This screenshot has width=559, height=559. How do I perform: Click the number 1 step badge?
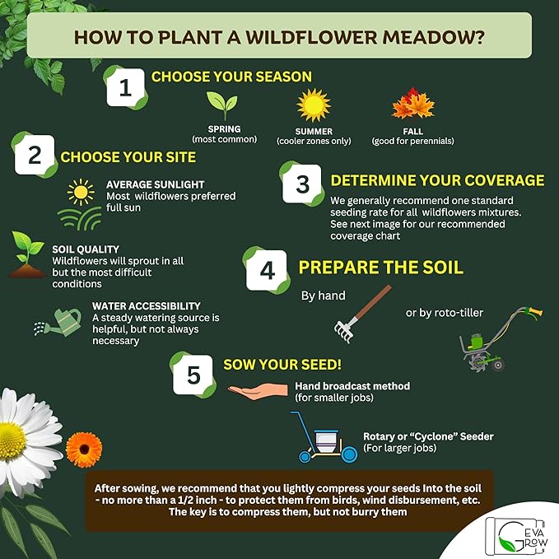[x=125, y=87]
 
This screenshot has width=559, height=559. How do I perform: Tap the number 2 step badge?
[x=34, y=155]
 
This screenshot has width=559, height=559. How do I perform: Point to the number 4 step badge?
[x=265, y=268]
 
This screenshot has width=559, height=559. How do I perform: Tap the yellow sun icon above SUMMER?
[x=313, y=105]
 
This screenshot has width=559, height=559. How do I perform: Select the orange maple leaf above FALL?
[x=412, y=106]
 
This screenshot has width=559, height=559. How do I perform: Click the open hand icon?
[x=259, y=390]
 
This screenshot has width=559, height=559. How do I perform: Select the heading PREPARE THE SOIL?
[x=380, y=268]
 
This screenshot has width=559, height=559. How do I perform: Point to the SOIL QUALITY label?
[x=86, y=249]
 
